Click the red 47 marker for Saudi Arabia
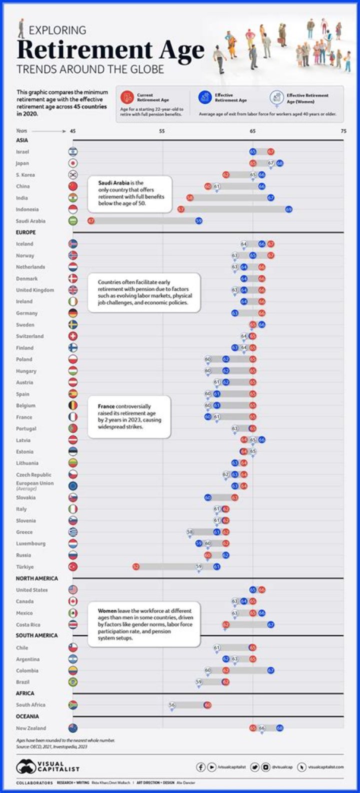coord(91,220)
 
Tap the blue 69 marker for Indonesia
coord(289,209)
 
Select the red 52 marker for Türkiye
coord(136,566)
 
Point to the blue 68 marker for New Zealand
coord(280,728)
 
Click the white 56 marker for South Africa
coord(172,704)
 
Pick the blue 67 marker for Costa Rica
coord(271,624)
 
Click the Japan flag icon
coord(73,163)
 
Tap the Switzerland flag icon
coord(73,336)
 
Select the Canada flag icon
coord(73,601)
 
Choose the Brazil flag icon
coord(73,682)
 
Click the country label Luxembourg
coord(30,543)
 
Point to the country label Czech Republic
coord(33,474)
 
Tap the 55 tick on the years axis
coord(162,131)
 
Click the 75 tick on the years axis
coord(343,131)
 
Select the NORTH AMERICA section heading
coord(37,578)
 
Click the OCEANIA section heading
coord(27,716)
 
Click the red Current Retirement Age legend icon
coord(127,97)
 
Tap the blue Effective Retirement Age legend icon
coord(204,97)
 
